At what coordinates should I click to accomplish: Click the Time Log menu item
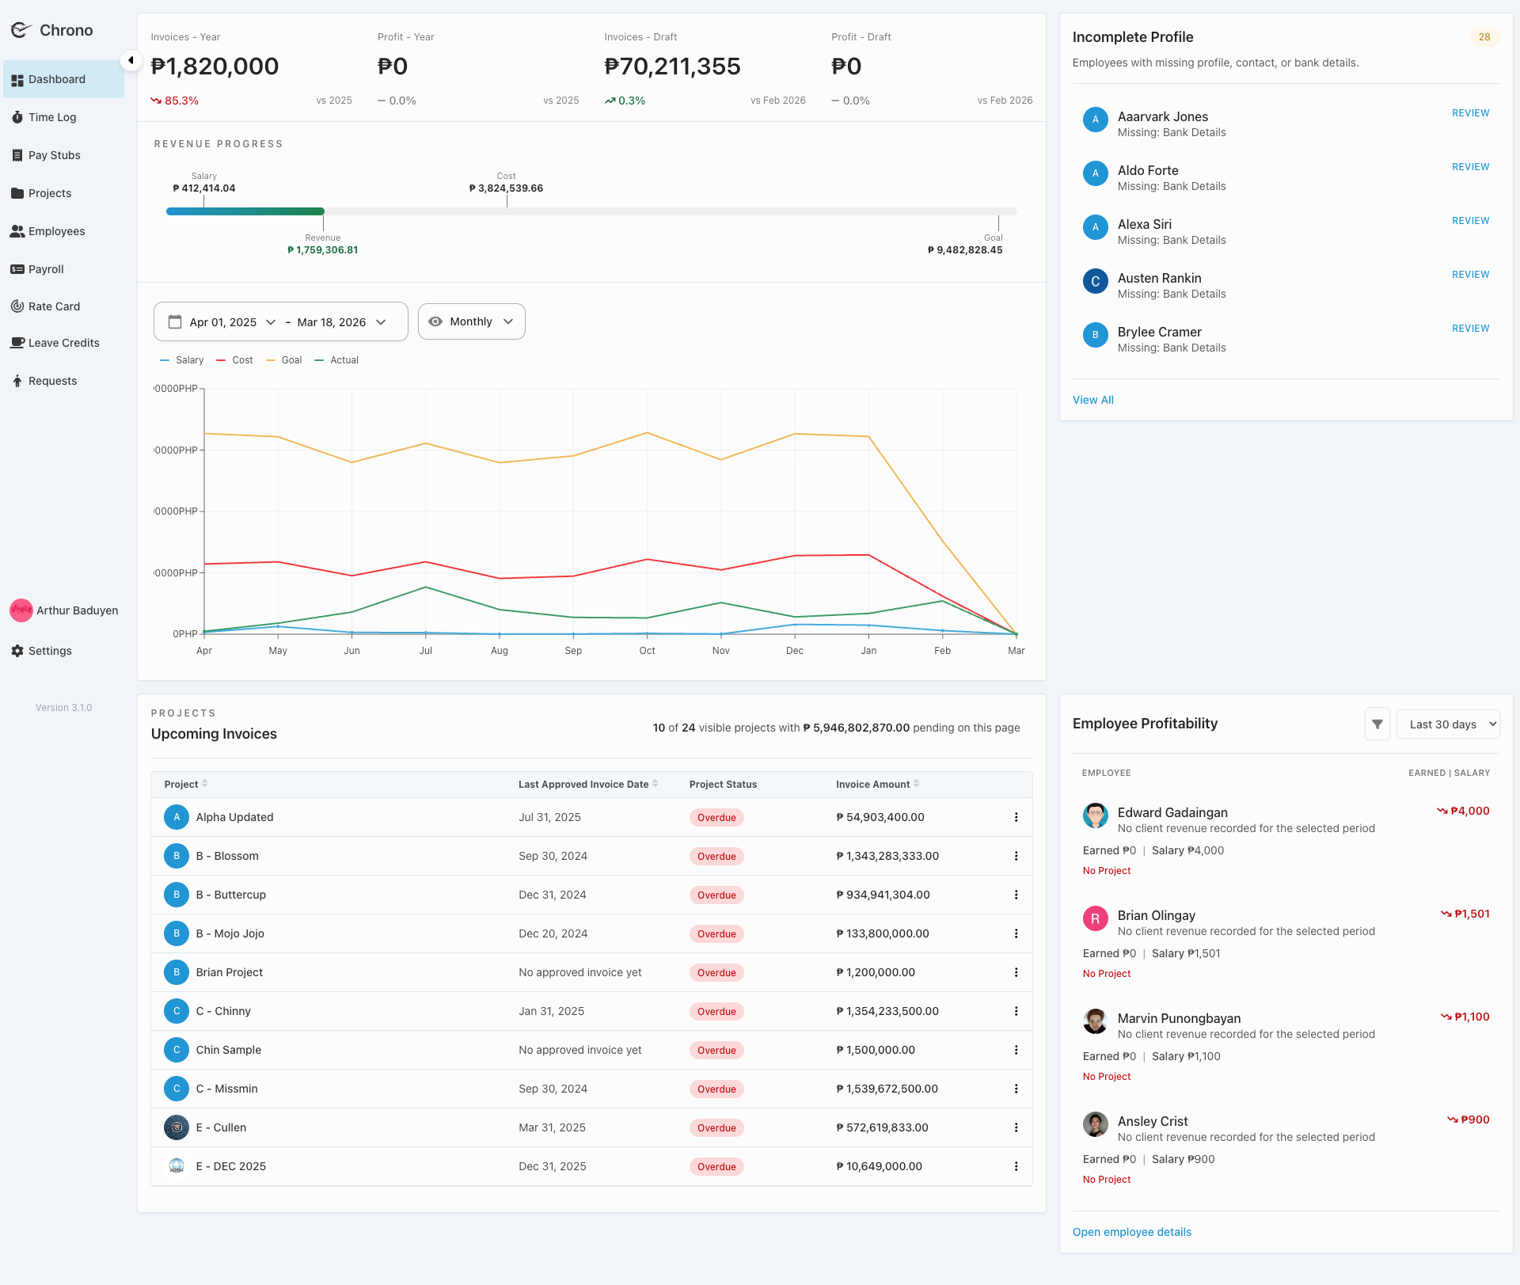[x=52, y=117]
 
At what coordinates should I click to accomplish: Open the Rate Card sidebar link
[x=54, y=306]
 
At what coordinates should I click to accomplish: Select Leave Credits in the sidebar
[x=63, y=343]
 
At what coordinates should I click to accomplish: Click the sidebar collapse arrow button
[x=131, y=60]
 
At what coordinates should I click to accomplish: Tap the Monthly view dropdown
[x=471, y=321]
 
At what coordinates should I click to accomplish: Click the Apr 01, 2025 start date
[x=222, y=322]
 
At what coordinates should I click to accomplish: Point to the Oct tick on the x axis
[x=647, y=650]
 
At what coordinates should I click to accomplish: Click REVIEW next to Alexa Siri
[x=1470, y=221]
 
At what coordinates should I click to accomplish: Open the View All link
[x=1092, y=400]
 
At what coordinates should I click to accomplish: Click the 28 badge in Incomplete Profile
[x=1484, y=37]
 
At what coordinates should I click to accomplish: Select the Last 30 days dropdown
[x=1448, y=724]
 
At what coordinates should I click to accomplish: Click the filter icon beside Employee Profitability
[x=1377, y=724]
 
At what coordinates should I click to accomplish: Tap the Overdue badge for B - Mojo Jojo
[x=716, y=934]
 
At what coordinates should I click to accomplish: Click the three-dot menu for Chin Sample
[x=1016, y=1050]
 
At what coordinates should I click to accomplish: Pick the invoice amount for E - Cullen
[x=882, y=1127]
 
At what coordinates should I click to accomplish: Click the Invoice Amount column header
[x=872, y=785]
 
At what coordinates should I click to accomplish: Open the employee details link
[x=1131, y=1232]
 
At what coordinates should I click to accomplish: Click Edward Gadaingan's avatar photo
[x=1095, y=815]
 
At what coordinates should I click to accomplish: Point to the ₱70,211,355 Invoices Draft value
[x=672, y=67]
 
